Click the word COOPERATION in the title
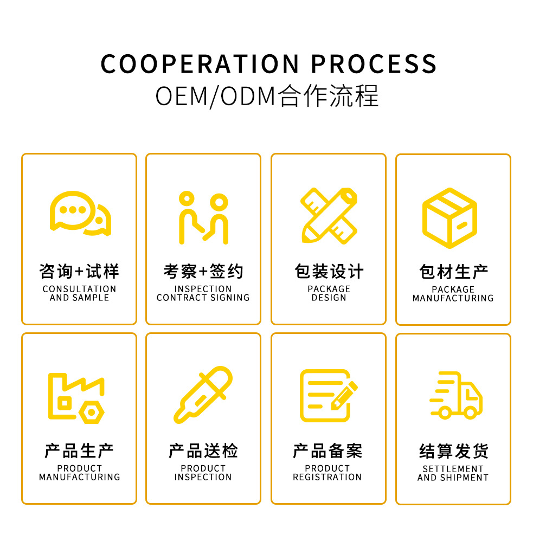pyautogui.click(x=201, y=64)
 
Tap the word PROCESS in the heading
pyautogui.click(x=374, y=64)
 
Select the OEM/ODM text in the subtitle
pyautogui.click(x=216, y=96)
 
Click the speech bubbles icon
pyautogui.click(x=80, y=214)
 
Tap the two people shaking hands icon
pyautogui.click(x=203, y=217)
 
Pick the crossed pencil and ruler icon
pyautogui.click(x=329, y=215)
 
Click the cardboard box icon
pyautogui.click(x=450, y=218)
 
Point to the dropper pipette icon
pyautogui.click(x=203, y=395)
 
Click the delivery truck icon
pyautogui.click(x=455, y=396)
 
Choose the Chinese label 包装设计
pyautogui.click(x=329, y=271)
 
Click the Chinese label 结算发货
pyautogui.click(x=453, y=451)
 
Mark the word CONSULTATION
pyautogui.click(x=79, y=289)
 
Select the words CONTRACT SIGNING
pyautogui.click(x=203, y=298)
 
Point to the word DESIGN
pyautogui.click(x=329, y=298)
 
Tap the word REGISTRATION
pyautogui.click(x=327, y=477)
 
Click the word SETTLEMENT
pyautogui.click(x=453, y=469)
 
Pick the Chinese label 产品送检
pyautogui.click(x=203, y=451)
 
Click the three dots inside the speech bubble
pyautogui.click(x=73, y=210)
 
